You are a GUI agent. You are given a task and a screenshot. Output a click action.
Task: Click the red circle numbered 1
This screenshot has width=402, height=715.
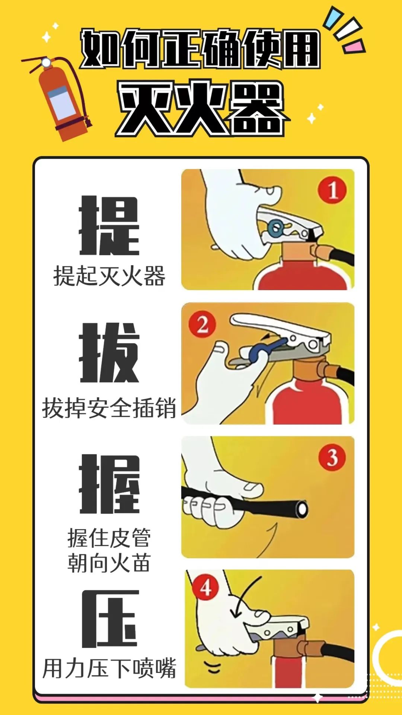[x=332, y=190]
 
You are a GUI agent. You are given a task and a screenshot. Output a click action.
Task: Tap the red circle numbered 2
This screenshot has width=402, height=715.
[x=202, y=324]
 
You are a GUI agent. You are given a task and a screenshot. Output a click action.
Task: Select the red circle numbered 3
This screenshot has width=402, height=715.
[x=332, y=457]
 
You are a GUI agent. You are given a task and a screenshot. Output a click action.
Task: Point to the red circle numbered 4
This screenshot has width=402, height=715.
[x=206, y=588]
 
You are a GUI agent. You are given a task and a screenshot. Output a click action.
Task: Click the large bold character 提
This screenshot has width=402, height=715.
[x=109, y=226]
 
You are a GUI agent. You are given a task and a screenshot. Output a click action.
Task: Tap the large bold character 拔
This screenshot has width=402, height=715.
[x=109, y=353]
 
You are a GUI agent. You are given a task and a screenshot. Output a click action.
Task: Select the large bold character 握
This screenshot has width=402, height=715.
[x=109, y=484]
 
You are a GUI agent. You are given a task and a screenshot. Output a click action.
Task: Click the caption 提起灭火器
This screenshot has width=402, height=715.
[x=109, y=276]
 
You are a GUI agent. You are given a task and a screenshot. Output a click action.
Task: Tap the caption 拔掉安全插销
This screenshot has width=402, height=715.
[x=109, y=408]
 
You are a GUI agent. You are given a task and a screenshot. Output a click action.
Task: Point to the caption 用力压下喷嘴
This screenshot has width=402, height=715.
[x=109, y=668]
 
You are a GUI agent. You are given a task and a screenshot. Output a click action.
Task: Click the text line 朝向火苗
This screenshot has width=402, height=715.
[x=109, y=563]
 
